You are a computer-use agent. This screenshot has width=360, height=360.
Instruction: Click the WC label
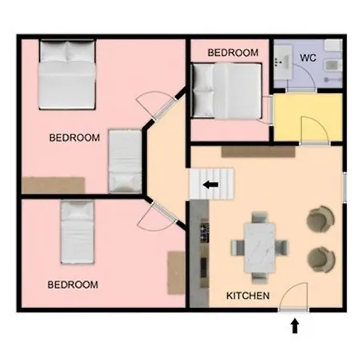[308, 58]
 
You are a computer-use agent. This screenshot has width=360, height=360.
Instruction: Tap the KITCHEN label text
[248, 296]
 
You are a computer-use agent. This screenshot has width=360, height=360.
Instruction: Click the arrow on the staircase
[210, 184]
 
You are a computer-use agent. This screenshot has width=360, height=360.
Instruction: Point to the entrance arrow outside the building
[294, 326]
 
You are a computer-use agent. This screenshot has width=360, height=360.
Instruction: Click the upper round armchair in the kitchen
[321, 219]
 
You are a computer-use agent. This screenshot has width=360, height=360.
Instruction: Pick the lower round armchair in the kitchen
[321, 260]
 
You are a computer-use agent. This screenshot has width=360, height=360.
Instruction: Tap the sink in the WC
[282, 62]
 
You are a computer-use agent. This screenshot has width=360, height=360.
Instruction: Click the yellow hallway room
[308, 118]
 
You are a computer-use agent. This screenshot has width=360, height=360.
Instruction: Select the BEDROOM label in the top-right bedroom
[233, 53]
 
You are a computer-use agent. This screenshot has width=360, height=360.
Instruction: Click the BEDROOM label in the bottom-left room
[73, 285]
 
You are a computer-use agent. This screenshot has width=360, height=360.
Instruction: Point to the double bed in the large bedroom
[67, 74]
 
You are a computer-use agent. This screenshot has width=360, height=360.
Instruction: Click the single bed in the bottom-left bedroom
[78, 232]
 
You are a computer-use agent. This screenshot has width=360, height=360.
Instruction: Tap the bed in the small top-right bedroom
[226, 90]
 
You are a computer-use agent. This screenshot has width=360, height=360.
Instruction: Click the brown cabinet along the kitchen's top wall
[258, 152]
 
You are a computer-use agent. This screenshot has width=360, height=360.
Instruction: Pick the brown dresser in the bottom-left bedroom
[176, 273]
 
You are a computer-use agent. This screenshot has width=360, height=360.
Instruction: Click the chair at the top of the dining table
[259, 218]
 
